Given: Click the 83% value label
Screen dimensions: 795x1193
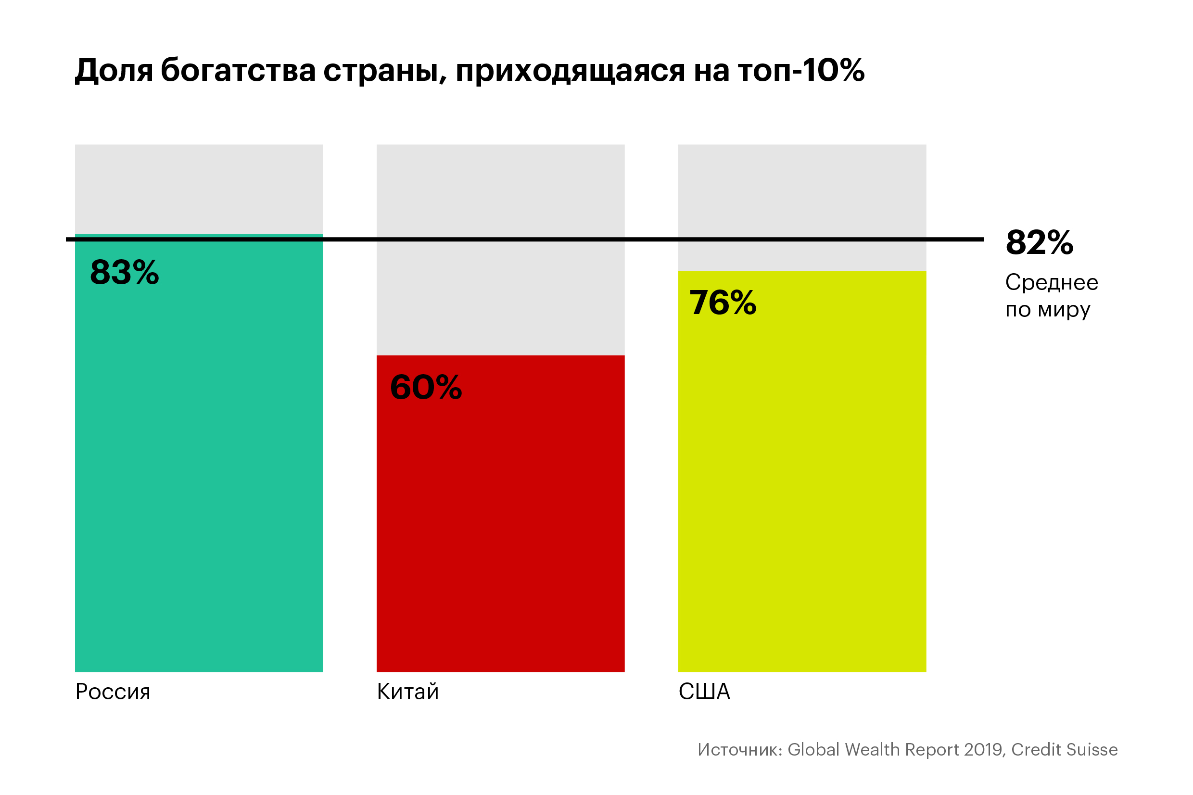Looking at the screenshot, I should (124, 272).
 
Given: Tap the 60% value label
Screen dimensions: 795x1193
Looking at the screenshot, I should (426, 387).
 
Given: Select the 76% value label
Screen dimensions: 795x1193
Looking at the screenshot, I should (723, 303).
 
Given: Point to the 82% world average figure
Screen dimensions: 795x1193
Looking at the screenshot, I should (1040, 242).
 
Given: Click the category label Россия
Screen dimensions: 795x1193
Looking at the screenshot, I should (113, 692).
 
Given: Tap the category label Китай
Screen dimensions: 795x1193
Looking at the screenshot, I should (407, 692).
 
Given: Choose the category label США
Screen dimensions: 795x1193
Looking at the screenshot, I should (704, 692).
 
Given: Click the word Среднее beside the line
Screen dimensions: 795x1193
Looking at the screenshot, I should (1052, 282).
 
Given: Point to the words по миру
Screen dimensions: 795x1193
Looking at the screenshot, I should (1048, 310).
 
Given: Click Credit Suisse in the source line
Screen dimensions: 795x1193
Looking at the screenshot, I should (1064, 749).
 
